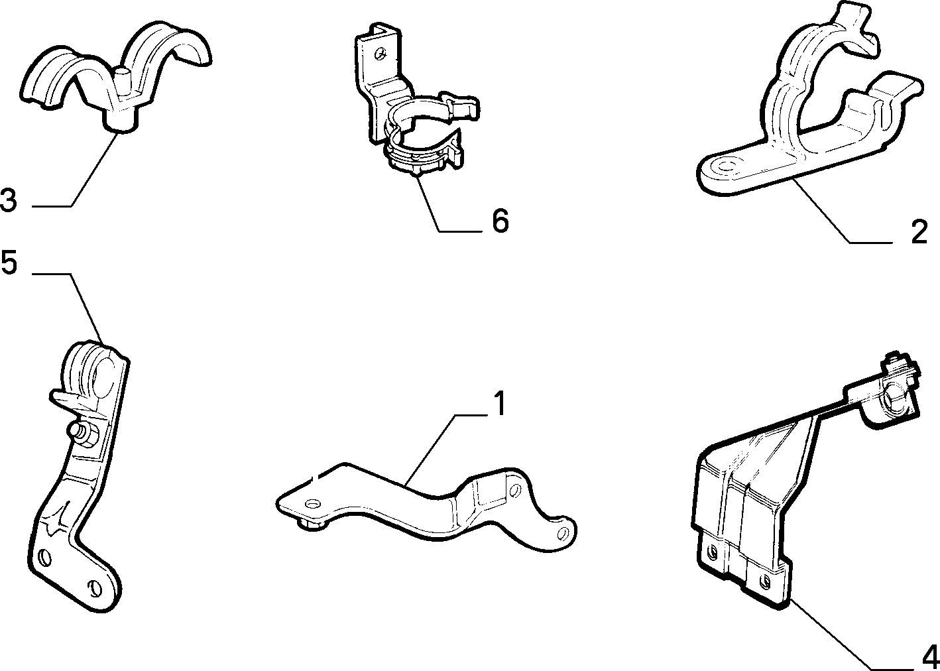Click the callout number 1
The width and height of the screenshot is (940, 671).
click(x=499, y=403)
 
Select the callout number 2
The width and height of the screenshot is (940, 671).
click(x=919, y=231)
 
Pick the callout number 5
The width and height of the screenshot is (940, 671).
click(x=9, y=262)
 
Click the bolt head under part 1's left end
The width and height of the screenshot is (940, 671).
click(x=313, y=524)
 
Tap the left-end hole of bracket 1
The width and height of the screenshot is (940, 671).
click(x=312, y=503)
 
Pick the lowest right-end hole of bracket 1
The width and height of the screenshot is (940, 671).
click(x=562, y=533)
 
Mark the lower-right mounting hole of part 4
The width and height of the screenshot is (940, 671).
click(x=766, y=581)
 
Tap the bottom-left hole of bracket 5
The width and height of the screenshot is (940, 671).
click(x=44, y=558)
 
